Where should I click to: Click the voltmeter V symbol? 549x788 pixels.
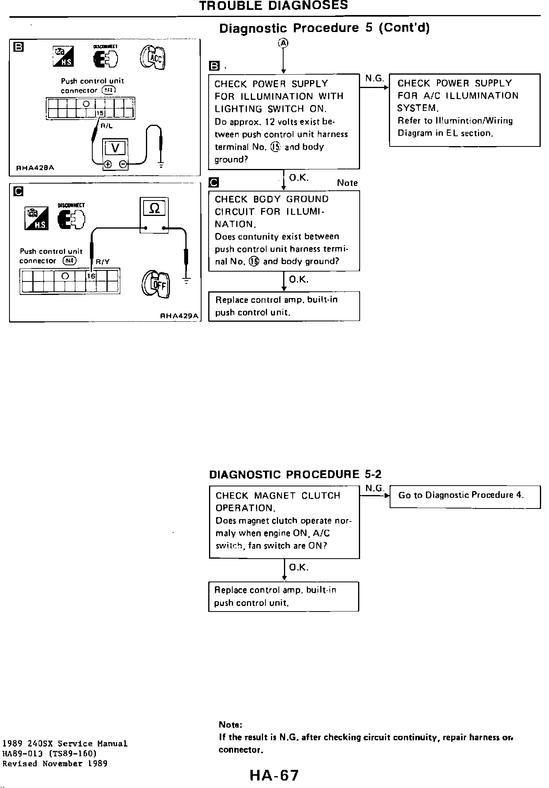pos(115,148)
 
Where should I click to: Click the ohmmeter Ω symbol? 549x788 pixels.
pos(155,208)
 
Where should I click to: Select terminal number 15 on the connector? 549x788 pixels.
pos(100,113)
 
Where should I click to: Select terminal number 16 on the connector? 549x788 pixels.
pos(91,276)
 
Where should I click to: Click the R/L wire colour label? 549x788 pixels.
pos(107,127)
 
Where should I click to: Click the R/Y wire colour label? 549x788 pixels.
pos(103,262)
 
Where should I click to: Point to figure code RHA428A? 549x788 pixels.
pos(35,168)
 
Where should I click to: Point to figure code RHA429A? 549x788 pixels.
pos(179,316)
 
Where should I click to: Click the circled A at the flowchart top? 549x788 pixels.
pos(283,43)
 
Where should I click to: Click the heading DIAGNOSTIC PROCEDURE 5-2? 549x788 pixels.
pos(295,474)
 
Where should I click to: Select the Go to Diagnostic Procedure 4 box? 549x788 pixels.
pos(465,496)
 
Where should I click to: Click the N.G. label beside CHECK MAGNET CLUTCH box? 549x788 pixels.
pos(374,488)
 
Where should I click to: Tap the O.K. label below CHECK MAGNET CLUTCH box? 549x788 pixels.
pos(299,567)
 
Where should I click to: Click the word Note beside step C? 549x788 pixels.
pos(347,183)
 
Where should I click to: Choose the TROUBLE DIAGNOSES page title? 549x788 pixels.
pos(273,6)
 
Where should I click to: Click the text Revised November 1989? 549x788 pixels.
pos(55,764)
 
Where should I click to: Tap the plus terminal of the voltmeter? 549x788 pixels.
pos(108,164)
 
